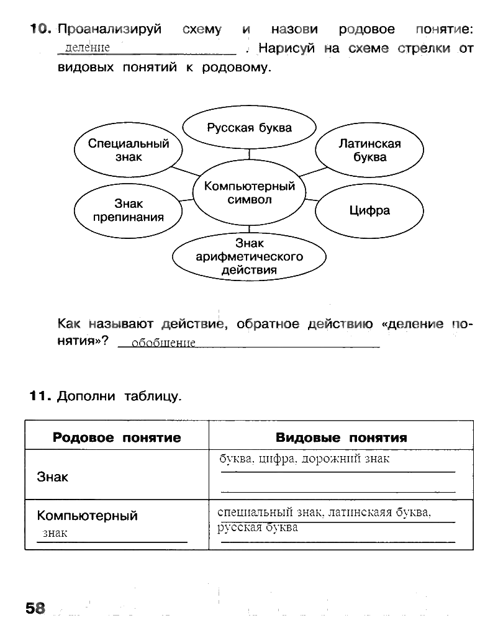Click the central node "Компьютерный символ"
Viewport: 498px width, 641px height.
click(249, 192)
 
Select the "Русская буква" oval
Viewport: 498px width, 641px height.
click(249, 128)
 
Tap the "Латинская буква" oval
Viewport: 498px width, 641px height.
click(369, 150)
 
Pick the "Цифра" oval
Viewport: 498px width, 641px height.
click(369, 211)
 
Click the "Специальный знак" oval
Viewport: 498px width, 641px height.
click(129, 150)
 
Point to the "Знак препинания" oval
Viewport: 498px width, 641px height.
click(129, 210)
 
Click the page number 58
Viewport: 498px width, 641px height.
click(36, 607)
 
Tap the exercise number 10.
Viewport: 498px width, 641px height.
click(38, 30)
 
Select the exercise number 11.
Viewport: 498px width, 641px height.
click(40, 396)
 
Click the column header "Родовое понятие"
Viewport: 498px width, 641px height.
click(117, 437)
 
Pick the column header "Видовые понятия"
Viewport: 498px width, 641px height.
click(341, 437)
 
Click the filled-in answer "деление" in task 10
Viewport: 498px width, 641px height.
click(87, 48)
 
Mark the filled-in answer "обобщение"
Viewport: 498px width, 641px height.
click(164, 343)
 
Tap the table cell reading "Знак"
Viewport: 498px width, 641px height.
click(53, 477)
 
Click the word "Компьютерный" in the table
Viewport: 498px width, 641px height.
click(87, 516)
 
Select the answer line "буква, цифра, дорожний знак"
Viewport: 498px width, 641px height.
click(304, 460)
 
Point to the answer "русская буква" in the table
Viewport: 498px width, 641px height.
click(258, 528)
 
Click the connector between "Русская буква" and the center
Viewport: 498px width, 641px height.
click(249, 153)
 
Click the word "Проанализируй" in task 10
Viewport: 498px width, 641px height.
click(109, 30)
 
